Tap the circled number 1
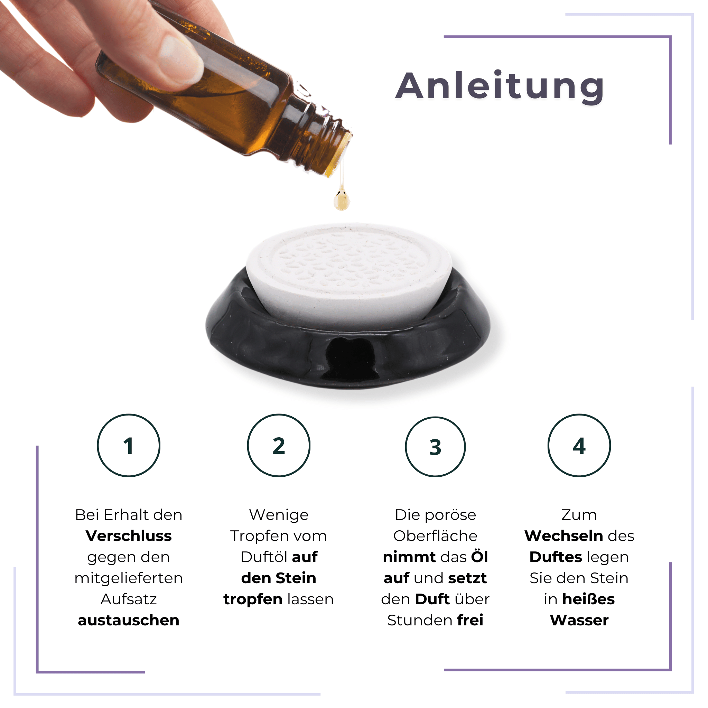click(129, 446)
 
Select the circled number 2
click(279, 446)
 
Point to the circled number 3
click(435, 447)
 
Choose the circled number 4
click(579, 446)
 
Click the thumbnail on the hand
click(179, 59)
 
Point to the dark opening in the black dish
click(350, 357)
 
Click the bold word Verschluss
click(129, 536)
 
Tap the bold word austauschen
click(129, 621)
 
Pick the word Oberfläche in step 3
click(435, 536)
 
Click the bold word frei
click(470, 621)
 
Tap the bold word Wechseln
click(563, 536)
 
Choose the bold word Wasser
click(579, 621)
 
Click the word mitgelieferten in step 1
click(129, 578)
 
